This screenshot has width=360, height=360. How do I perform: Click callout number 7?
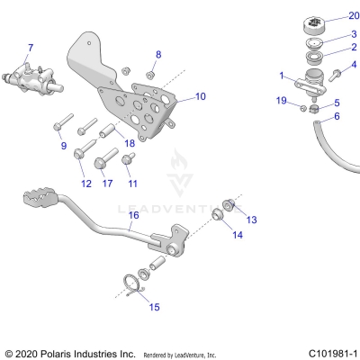coord(30,47)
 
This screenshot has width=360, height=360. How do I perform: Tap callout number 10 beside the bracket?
coord(200,95)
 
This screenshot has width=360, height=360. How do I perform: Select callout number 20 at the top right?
coord(353,17)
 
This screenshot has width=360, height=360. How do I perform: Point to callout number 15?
coord(154,307)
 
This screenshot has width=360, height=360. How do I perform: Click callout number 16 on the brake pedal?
coord(133,215)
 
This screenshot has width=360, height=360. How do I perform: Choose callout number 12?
coord(86,184)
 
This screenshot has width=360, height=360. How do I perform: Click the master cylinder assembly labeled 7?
coord(30,74)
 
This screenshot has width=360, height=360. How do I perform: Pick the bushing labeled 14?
coord(217,218)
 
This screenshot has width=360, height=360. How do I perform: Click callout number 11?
coord(133,184)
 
